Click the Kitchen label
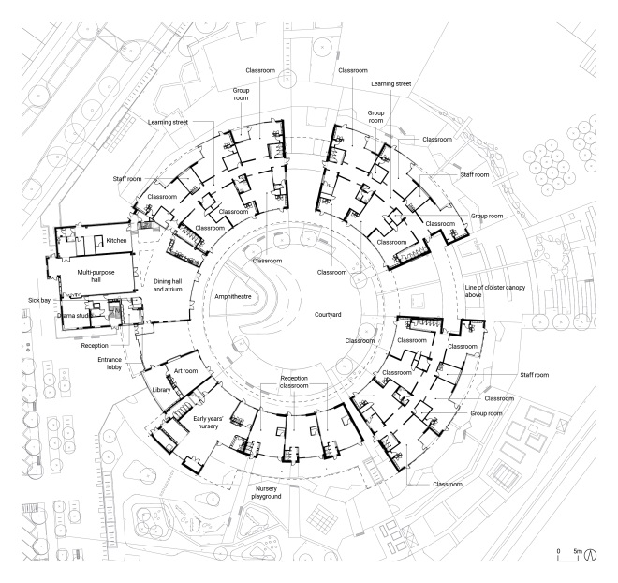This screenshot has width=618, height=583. [x=116, y=241]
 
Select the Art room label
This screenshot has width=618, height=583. [x=185, y=371]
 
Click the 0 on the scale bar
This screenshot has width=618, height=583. [x=558, y=550]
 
